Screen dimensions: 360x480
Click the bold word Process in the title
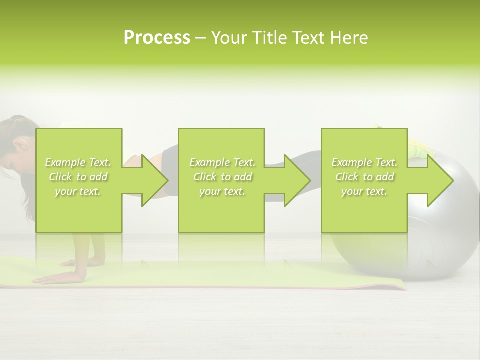pyautogui.click(x=157, y=38)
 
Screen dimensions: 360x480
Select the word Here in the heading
pyautogui.click(x=349, y=38)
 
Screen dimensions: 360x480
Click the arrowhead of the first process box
pyautogui.click(x=152, y=180)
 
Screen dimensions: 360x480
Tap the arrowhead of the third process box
pyautogui.click(x=438, y=180)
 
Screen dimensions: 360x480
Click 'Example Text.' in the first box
pyautogui.click(x=78, y=162)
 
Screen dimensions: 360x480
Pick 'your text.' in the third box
pyautogui.click(x=364, y=191)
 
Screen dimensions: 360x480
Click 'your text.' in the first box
pyautogui.click(x=78, y=191)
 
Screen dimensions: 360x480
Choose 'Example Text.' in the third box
pyautogui.click(x=364, y=162)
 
